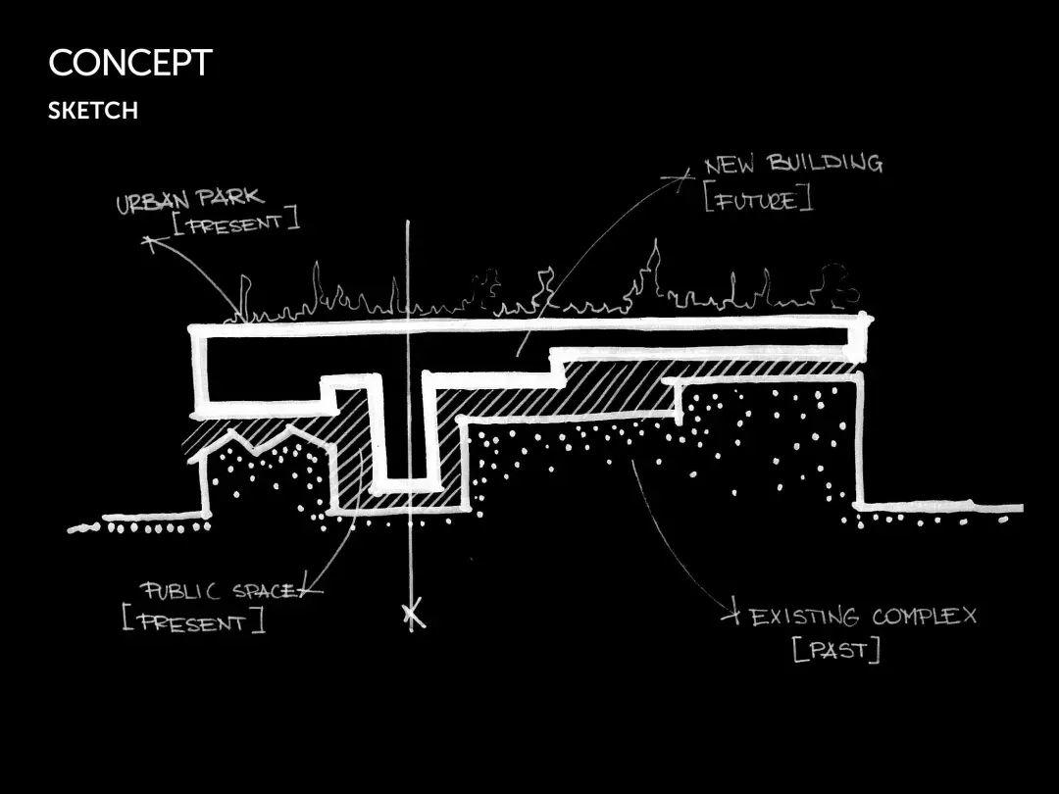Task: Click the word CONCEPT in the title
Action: pyautogui.click(x=129, y=64)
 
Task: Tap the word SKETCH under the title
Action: pyautogui.click(x=93, y=111)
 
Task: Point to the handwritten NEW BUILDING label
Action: pyautogui.click(x=792, y=164)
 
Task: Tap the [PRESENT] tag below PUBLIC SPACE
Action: pyautogui.click(x=193, y=621)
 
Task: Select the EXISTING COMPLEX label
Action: pyautogui.click(x=863, y=617)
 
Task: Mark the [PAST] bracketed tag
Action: pyautogui.click(x=836, y=649)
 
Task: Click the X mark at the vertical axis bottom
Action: pyautogui.click(x=414, y=616)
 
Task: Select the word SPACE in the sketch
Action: pyautogui.click(x=264, y=591)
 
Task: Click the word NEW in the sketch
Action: pyautogui.click(x=729, y=166)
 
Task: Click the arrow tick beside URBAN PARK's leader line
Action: pyautogui.click(x=149, y=241)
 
